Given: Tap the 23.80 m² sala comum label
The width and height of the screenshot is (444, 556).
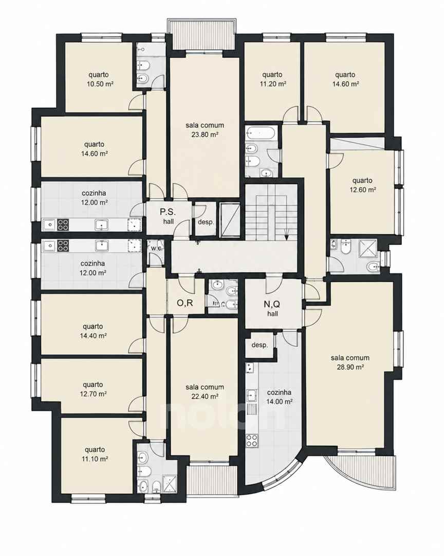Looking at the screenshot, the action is pyautogui.click(x=205, y=130).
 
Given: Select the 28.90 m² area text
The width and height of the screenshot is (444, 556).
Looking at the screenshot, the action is pyautogui.click(x=350, y=368).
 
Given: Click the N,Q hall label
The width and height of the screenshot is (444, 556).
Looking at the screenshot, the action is pyautogui.click(x=272, y=308).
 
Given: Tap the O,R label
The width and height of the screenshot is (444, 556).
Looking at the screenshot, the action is pyautogui.click(x=185, y=303).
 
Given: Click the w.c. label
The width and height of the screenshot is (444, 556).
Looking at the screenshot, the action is pyautogui.click(x=156, y=248).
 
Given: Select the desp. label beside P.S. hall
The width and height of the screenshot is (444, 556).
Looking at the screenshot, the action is pyautogui.click(x=206, y=222).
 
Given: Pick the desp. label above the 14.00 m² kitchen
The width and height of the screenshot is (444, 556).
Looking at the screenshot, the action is pyautogui.click(x=260, y=345).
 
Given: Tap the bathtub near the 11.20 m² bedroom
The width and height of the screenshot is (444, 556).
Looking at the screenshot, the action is pyautogui.click(x=261, y=134).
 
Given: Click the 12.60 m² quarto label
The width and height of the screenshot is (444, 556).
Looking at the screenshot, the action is pyautogui.click(x=363, y=185).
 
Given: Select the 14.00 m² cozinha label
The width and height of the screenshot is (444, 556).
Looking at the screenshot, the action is pyautogui.click(x=280, y=397).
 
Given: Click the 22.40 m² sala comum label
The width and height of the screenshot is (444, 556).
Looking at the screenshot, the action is pyautogui.click(x=205, y=392).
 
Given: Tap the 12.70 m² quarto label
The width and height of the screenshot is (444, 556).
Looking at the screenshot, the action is pyautogui.click(x=93, y=389).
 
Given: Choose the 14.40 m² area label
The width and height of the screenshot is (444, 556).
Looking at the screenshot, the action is pyautogui.click(x=93, y=336).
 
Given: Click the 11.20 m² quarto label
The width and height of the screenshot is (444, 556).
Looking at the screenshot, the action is pyautogui.click(x=272, y=79).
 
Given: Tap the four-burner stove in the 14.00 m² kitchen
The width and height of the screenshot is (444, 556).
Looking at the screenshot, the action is pyautogui.click(x=252, y=441).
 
